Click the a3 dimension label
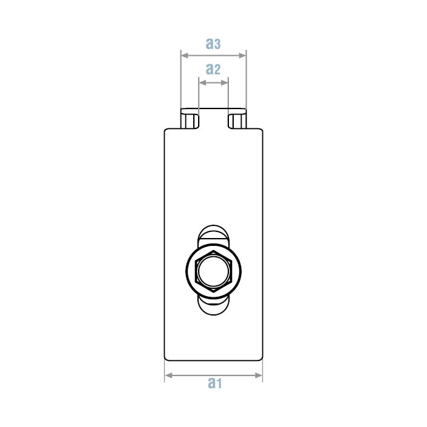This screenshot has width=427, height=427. (x=213, y=44)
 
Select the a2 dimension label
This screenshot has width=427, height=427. (x=213, y=69)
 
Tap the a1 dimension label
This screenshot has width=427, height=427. (x=214, y=383)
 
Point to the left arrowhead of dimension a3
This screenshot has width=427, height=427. (x=184, y=55)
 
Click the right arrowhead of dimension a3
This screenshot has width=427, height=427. (x=243, y=55)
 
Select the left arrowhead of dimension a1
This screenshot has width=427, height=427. (x=168, y=376)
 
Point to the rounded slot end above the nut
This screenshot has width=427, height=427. (x=214, y=233)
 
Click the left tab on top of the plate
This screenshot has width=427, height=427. (x=189, y=119)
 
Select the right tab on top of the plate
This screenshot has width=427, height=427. (x=237, y=119)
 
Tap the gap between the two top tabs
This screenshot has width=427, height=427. (x=213, y=121)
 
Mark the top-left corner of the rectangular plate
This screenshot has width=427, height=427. (x=165, y=130)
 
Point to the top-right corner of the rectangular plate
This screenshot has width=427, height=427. (x=262, y=130)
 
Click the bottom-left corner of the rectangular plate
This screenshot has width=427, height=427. (x=166, y=358)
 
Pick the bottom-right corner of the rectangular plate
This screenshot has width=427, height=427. (x=262, y=358)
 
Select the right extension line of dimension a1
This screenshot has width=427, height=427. (x=262, y=371)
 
